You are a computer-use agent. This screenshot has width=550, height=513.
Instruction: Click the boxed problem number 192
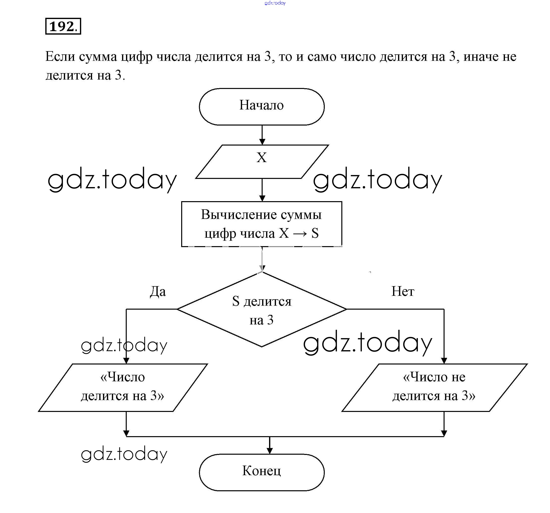tap(63, 26)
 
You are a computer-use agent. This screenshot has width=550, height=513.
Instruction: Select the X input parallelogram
tap(262, 162)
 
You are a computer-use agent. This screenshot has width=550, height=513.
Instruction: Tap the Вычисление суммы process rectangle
tap(261, 224)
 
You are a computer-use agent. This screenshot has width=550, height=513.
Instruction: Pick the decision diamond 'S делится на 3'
tap(261, 309)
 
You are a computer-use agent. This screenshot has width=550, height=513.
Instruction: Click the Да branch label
tap(158, 291)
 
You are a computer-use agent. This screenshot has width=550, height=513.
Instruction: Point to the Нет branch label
tap(402, 291)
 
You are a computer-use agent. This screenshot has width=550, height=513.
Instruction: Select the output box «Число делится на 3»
tap(123, 387)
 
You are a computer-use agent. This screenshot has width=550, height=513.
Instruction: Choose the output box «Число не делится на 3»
tap(434, 387)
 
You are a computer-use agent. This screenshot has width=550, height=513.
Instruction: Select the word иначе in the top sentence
tap(480, 57)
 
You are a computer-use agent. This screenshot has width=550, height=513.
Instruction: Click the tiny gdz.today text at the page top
tap(275, 3)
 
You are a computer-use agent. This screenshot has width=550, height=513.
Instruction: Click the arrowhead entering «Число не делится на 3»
tap(444, 361)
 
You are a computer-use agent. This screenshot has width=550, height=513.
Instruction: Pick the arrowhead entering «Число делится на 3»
tap(126, 361)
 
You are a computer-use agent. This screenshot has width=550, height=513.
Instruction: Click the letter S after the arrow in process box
tap(315, 233)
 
